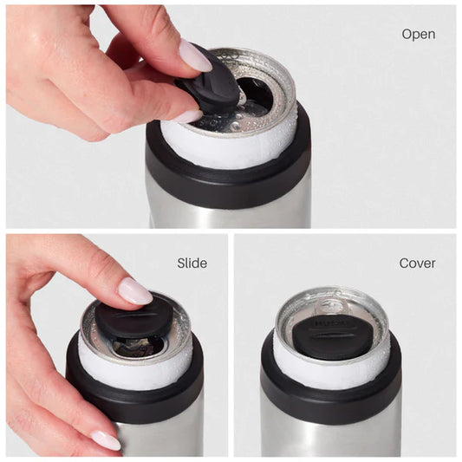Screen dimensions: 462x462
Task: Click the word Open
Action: [418, 35]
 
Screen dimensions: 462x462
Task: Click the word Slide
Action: [192, 263]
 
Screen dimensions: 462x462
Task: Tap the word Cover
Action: [417, 263]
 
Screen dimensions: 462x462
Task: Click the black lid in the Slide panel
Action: [133, 319]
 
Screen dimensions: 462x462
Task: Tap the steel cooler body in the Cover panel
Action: [334, 438]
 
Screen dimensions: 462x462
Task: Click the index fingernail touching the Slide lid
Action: [135, 291]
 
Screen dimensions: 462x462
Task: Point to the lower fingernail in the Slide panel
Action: [106, 440]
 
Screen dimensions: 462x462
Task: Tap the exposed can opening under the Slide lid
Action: [137, 347]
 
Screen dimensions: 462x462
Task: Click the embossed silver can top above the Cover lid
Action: [333, 305]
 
